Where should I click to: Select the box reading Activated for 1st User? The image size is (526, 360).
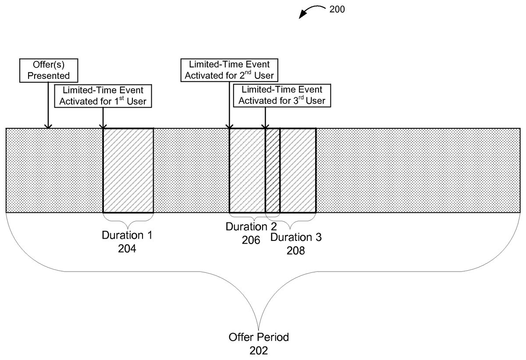point(103,95)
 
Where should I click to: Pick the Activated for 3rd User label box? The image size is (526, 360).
point(282,95)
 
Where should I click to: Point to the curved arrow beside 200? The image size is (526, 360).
point(312,11)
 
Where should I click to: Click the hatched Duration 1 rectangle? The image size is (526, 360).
point(128,170)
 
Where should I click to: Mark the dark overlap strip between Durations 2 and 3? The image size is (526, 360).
point(273,170)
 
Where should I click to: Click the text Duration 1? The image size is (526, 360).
point(127,235)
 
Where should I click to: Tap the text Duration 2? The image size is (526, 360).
point(251,227)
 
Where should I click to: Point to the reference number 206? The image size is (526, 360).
point(251,240)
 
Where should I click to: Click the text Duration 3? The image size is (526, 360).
point(296,237)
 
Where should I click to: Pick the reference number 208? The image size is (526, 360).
point(296,251)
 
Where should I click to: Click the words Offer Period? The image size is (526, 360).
point(259,338)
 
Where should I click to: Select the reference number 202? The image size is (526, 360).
point(259,350)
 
